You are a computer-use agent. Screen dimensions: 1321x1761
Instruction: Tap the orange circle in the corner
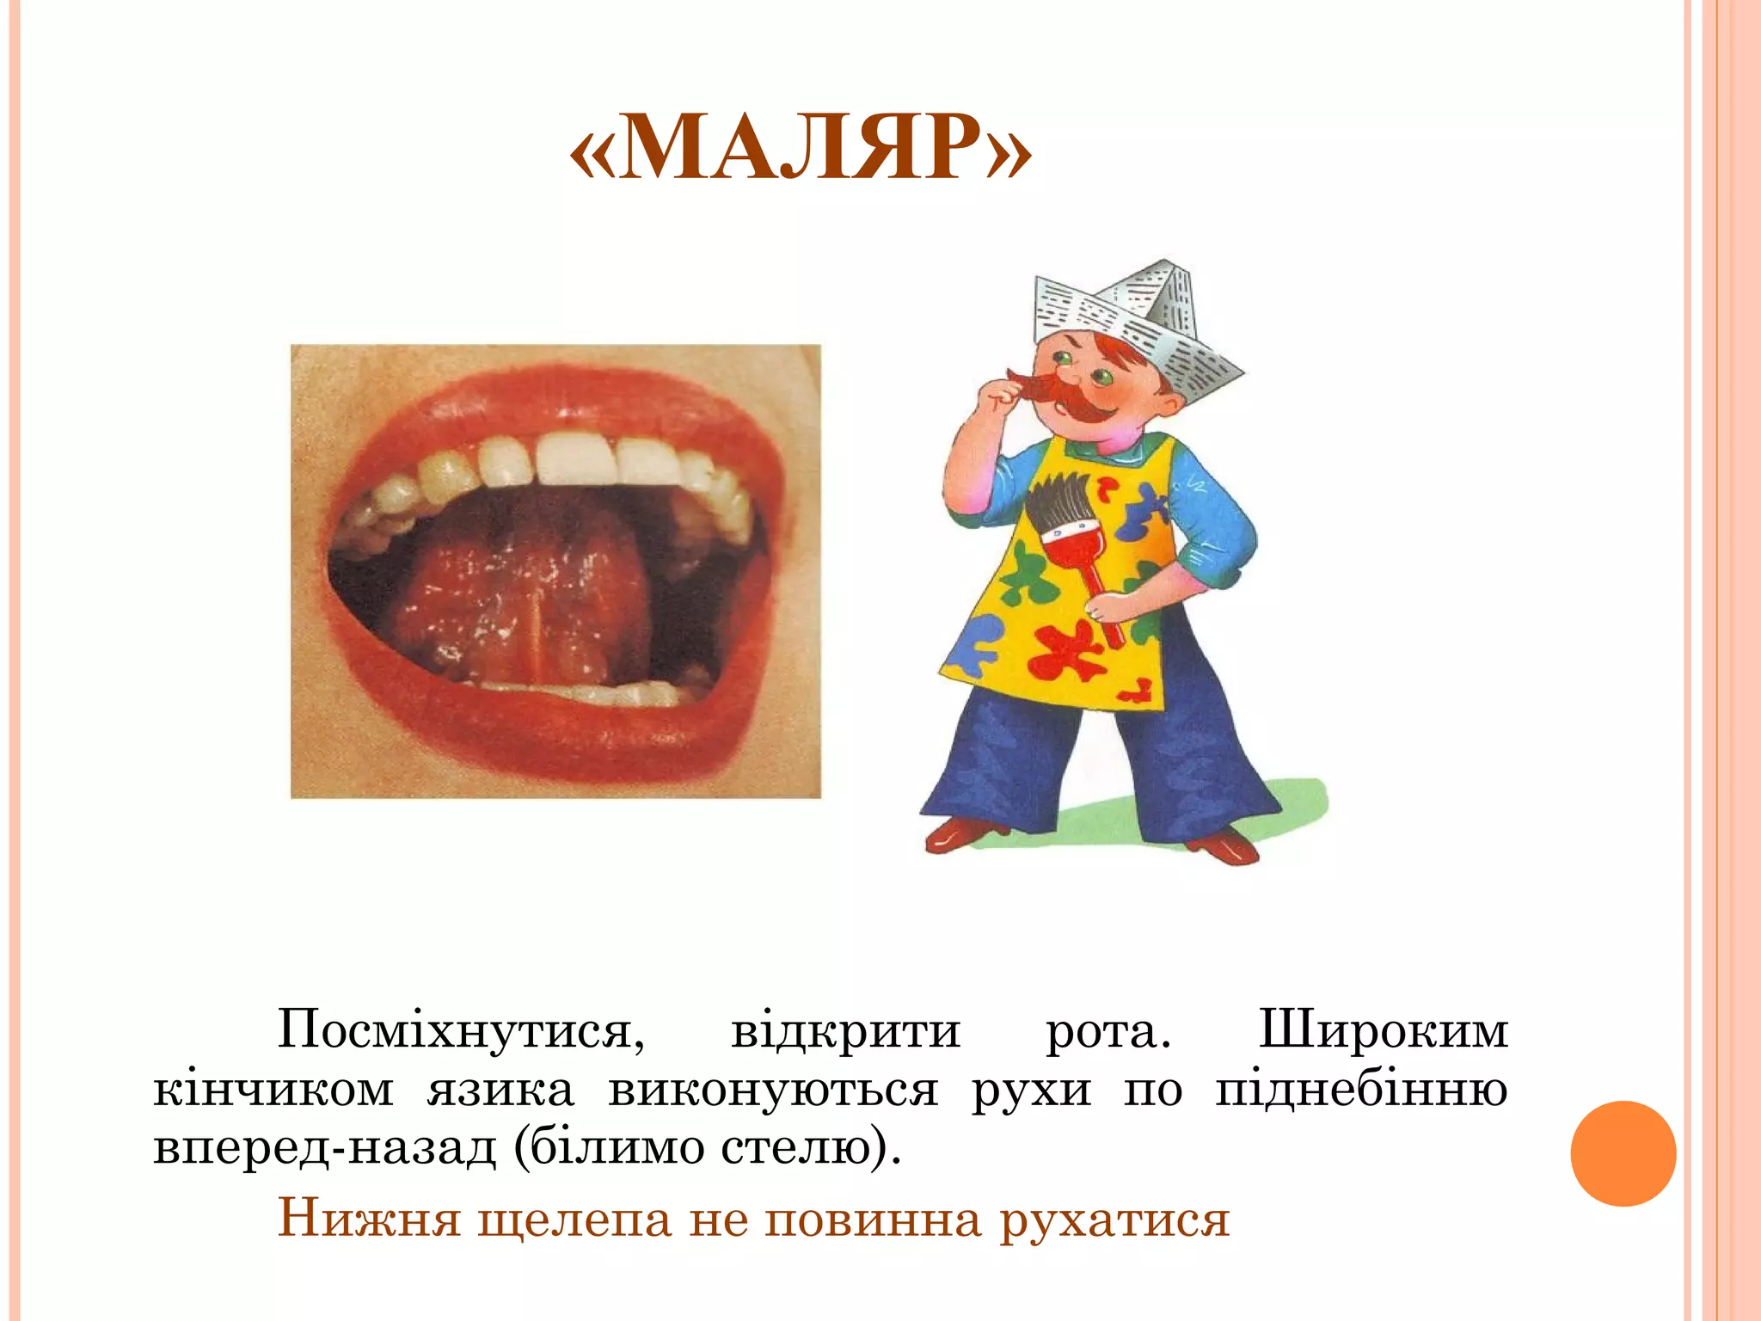(1623, 1153)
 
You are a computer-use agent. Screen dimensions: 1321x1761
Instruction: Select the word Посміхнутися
(461, 1029)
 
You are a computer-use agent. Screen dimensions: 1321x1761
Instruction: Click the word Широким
(1383, 1029)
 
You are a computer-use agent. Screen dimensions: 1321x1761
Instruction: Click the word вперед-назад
(325, 1147)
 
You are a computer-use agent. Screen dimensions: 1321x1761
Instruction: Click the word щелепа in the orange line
(574, 1220)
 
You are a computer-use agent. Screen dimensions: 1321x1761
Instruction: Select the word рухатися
(1114, 1220)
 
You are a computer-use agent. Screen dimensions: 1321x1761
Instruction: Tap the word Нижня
(369, 1220)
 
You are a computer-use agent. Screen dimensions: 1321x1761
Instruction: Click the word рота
(1108, 1029)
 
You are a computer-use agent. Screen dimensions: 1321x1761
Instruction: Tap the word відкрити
(845, 1029)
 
